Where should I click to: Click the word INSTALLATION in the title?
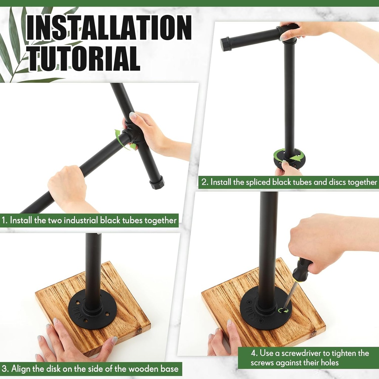(x=109, y=28)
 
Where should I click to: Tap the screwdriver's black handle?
(x=301, y=269)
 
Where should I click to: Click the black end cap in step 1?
(x=157, y=182)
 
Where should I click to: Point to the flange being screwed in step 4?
(x=266, y=309)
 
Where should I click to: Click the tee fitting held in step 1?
(x=132, y=135)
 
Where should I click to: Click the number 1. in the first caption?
(x=4, y=221)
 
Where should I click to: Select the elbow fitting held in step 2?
(x=288, y=34)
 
